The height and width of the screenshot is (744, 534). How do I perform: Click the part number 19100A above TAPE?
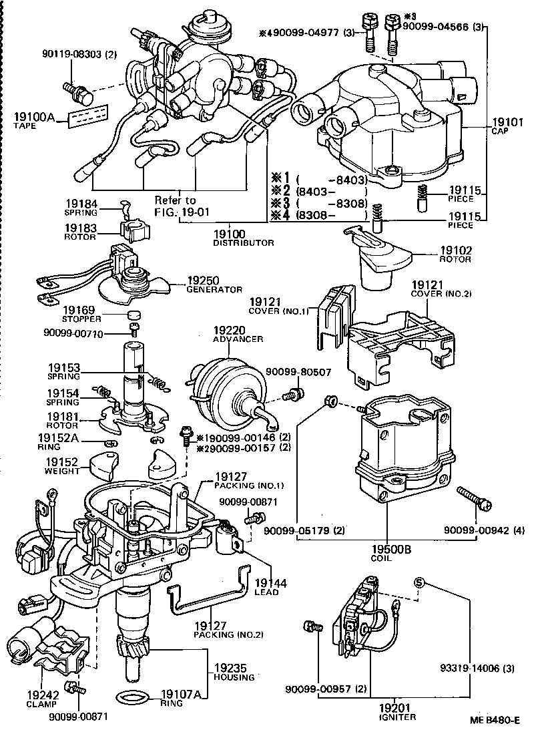point(34,117)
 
